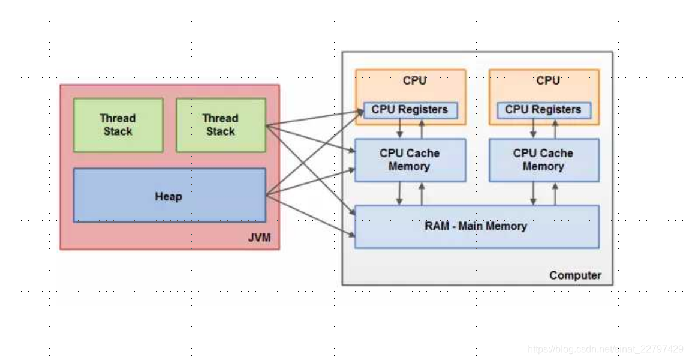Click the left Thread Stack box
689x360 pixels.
pos(118,125)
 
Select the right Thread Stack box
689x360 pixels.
pos(220,125)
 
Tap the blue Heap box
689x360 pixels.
pos(169,196)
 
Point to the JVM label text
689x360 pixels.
pos(259,238)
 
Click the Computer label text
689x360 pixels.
pos(575,275)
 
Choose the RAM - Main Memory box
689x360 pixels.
pos(477,226)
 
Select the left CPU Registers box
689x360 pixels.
pos(410,110)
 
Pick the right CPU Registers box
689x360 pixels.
pos(543,110)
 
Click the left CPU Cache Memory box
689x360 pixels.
pos(410,160)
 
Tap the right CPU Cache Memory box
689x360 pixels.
pos(543,160)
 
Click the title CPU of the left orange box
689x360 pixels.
pos(414,80)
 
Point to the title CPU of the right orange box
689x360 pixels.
pos(548,80)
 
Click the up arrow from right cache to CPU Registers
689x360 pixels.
pos(555,128)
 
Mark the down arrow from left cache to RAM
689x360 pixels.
pos(399,193)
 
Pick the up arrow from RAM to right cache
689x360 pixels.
pos(555,193)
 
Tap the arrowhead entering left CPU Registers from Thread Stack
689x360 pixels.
pos(359,111)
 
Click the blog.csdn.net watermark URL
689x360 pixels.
pos(606,349)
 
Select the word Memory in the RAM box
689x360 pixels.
pos(507,226)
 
